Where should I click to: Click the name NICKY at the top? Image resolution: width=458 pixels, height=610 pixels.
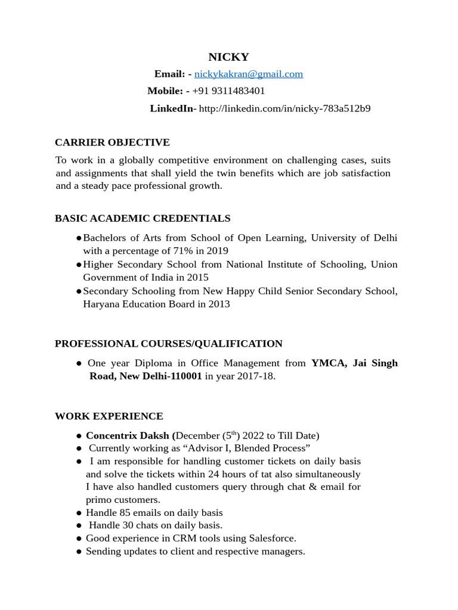[x=228, y=57]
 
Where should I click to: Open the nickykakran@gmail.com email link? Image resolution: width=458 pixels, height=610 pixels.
[x=248, y=74]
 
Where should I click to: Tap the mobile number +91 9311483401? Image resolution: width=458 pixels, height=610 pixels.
[x=228, y=91]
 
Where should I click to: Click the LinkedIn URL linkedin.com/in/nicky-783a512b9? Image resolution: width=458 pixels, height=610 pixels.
[x=284, y=108]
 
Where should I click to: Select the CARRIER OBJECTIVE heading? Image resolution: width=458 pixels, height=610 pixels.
[x=112, y=142]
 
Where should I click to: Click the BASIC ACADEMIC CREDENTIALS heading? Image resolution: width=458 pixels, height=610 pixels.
[x=143, y=219]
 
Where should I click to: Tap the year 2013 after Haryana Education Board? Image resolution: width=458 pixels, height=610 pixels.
[x=218, y=304]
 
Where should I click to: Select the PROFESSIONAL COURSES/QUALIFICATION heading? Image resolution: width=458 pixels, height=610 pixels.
[x=169, y=344]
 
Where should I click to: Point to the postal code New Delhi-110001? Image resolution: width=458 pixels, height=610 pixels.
[x=161, y=376]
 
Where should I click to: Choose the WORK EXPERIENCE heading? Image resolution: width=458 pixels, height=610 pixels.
[x=109, y=416]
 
